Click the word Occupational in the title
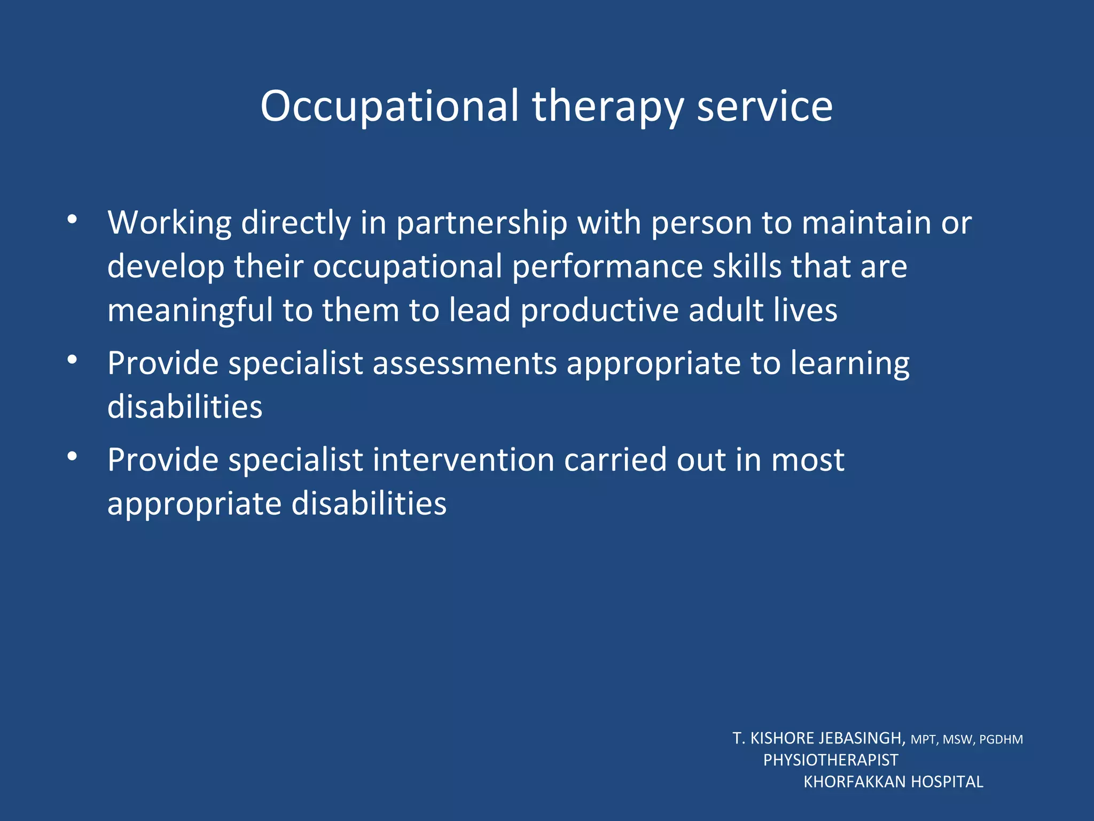pos(389,106)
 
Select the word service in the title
pos(764,106)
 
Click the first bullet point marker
pos(73,220)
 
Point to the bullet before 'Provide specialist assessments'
pos(73,360)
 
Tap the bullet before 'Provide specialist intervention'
pos(73,457)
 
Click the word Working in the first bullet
pos(169,223)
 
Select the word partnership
pos(481,223)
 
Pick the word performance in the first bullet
pos(607,267)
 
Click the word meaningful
pos(190,311)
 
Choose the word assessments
pos(465,363)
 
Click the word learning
pos(849,363)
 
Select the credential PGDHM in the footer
pos(1001,740)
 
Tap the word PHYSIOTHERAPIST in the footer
pos(831,760)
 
